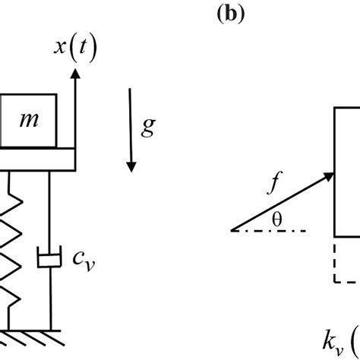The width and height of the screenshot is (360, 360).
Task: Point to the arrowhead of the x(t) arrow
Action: click(74, 72)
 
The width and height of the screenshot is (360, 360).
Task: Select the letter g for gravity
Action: click(147, 126)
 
